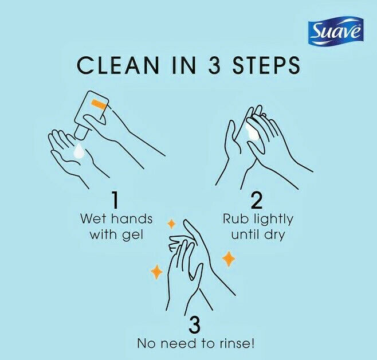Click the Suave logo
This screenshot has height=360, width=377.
pyautogui.click(x=336, y=32)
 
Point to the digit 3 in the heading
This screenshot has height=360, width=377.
pyautogui.click(x=210, y=65)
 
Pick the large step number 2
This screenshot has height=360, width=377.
pyautogui.click(x=257, y=200)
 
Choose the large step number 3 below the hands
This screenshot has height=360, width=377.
pyautogui.click(x=194, y=325)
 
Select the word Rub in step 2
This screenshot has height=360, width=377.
pyautogui.click(x=235, y=220)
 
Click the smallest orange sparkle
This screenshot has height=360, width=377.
pyautogui.click(x=170, y=223)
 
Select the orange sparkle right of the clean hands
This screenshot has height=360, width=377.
pyautogui.click(x=229, y=259)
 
